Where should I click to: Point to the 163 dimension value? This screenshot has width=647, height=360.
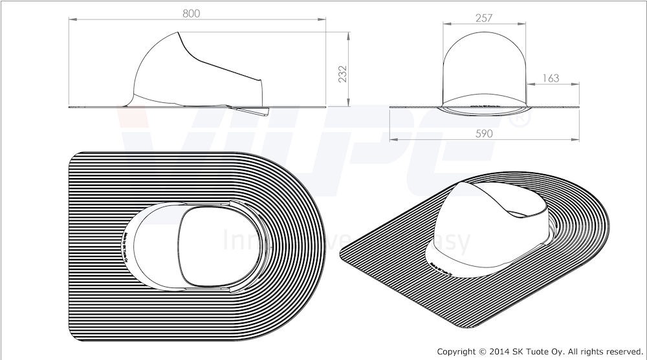tap(551, 78)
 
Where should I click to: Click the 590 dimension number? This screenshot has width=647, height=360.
tap(484, 133)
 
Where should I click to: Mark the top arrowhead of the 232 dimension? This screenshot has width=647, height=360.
tap(350, 32)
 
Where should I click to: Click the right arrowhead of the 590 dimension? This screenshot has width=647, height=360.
tap(577, 141)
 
